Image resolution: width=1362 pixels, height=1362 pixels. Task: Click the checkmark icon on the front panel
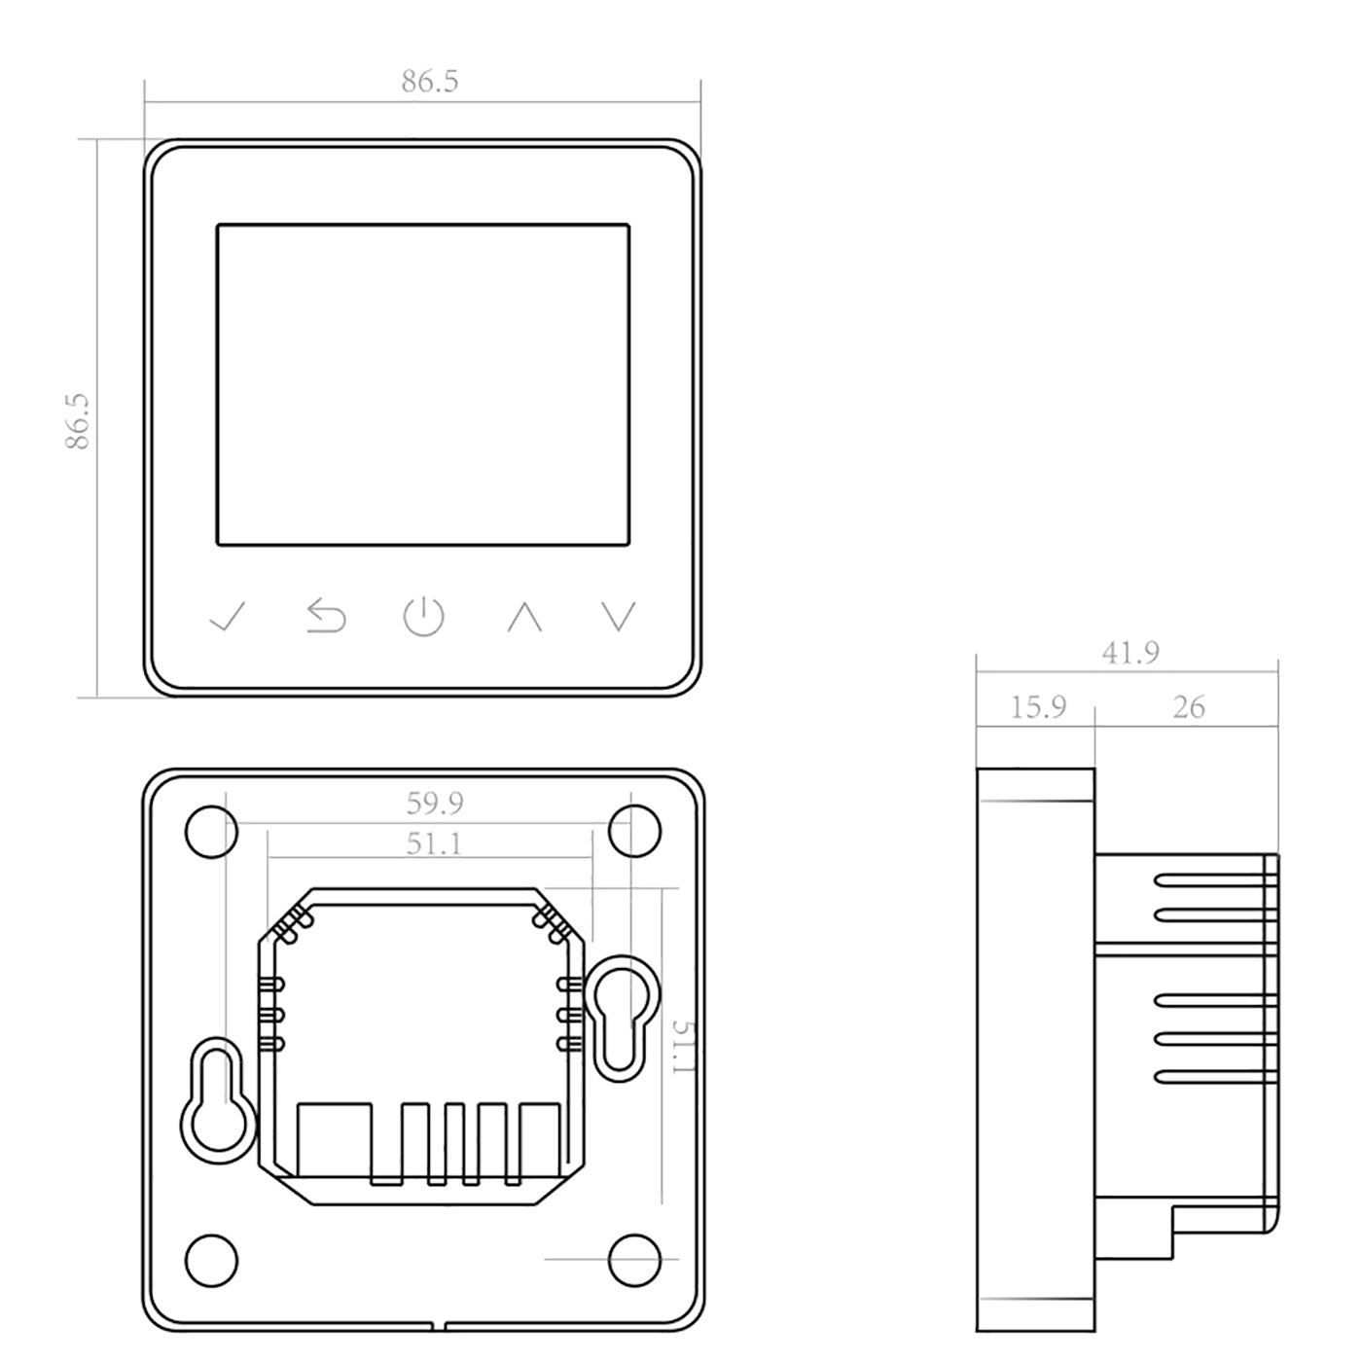click(x=228, y=616)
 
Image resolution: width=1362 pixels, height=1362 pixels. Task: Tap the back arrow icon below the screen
click(x=327, y=617)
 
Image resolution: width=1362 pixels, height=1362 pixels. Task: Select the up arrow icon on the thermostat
click(x=524, y=617)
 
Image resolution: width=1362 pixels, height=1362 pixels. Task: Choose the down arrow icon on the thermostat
click(x=619, y=617)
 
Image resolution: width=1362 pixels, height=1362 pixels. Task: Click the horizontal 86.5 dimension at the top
click(x=429, y=82)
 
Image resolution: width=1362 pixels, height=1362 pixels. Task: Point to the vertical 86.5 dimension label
click(x=78, y=420)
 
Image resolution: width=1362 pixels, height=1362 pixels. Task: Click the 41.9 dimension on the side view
click(x=1129, y=653)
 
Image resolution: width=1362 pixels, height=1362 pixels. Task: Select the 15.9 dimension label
click(x=1037, y=707)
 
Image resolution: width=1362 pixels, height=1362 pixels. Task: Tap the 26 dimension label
click(x=1188, y=707)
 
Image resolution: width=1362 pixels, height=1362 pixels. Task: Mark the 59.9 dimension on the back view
click(x=435, y=804)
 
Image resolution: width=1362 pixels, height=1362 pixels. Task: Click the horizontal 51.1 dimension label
click(x=434, y=843)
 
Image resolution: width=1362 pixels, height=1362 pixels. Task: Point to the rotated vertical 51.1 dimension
click(x=684, y=1047)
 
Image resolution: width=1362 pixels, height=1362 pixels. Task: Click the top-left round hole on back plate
click(x=210, y=832)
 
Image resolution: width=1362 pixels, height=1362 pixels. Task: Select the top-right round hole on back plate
click(x=634, y=832)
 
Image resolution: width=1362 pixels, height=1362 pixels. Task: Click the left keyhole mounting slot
click(x=218, y=1099)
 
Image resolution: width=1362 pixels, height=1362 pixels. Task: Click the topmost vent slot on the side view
click(x=1214, y=880)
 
